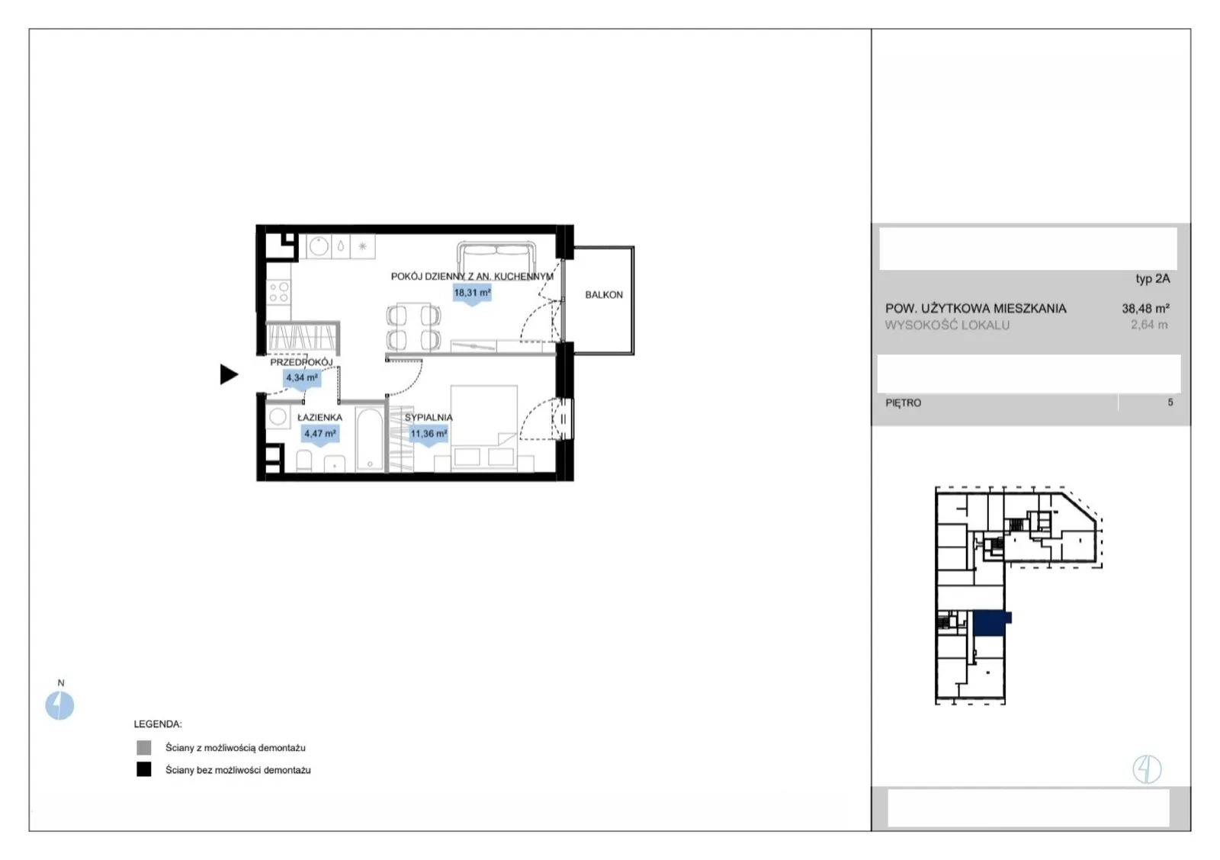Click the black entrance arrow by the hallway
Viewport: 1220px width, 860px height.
coord(229,374)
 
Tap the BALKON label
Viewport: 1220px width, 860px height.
coord(603,294)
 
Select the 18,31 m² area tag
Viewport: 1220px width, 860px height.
coord(472,294)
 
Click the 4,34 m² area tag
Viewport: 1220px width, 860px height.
coord(302,378)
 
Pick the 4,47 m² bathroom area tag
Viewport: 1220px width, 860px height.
coord(319,435)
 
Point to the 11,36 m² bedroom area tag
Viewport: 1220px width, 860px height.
coord(429,435)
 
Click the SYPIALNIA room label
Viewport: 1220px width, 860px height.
coord(429,417)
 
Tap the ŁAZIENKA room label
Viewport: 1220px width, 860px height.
coord(319,417)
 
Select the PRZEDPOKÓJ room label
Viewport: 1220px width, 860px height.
coord(301,362)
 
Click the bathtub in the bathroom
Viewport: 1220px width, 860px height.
coord(369,439)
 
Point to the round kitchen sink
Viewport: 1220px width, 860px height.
coord(319,246)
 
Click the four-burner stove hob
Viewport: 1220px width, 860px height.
coord(278,290)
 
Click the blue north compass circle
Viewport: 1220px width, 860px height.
coord(59,705)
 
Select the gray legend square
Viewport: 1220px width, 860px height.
coord(144,747)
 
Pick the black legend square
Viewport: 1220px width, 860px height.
coord(144,769)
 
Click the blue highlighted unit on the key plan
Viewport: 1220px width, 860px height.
coord(990,624)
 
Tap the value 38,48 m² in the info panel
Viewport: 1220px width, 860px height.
coord(1145,308)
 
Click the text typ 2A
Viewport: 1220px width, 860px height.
coord(1152,279)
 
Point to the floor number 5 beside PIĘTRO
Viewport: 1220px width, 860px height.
coord(1170,403)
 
